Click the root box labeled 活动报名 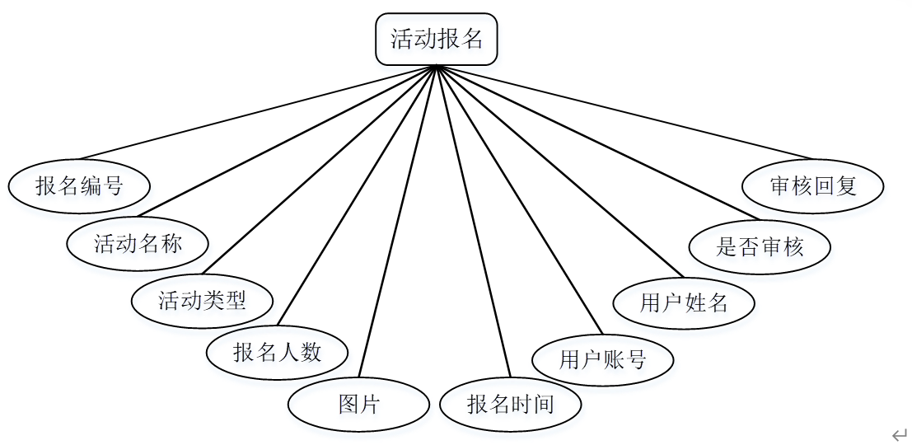point(437,40)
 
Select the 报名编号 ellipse point(79,186)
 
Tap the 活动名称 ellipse point(138,244)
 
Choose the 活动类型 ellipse point(202,300)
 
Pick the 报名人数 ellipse point(278,354)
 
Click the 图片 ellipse point(358,405)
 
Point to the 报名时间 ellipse point(511,405)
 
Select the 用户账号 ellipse point(603,359)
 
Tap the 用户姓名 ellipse point(684,302)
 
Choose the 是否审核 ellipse point(759,246)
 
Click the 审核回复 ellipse point(813,186)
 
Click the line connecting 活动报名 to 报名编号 point(257,112)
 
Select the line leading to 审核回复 point(624,112)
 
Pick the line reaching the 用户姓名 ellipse point(559,171)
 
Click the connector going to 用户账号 point(518,200)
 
